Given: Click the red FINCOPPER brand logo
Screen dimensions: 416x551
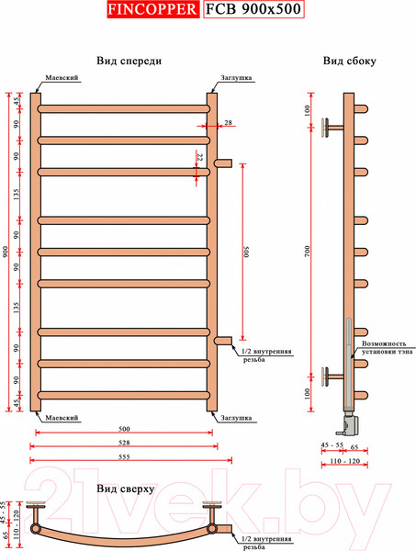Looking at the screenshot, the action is pos(152,9).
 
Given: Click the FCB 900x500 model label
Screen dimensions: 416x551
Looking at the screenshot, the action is pos(253,9).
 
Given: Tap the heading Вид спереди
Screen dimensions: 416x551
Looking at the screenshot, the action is pos(129,61).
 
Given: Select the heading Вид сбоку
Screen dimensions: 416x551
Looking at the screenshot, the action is pos(350,61).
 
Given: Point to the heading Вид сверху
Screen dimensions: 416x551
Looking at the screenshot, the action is pos(126,489).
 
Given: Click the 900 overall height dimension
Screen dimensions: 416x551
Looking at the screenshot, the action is pos(6,252).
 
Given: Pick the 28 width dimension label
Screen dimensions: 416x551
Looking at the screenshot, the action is pos(228,123).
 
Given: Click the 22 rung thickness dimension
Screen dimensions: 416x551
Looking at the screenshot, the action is pos(200,157).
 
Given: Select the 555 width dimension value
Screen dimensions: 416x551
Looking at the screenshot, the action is pos(124,456).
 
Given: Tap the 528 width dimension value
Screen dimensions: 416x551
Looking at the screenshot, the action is pos(124,443).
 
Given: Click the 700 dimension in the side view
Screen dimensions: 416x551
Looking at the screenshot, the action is pos(308,252).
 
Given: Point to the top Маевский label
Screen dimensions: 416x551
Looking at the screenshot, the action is pos(62,78).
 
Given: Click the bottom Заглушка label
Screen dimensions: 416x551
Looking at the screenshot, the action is pos(236,418).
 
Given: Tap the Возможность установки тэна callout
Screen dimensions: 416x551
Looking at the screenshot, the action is pos(388,347).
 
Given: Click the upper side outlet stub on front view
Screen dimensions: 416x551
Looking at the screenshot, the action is pos(223,163).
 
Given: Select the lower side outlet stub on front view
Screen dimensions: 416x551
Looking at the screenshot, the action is pos(223,341).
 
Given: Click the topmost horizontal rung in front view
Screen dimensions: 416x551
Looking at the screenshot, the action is pos(124,108).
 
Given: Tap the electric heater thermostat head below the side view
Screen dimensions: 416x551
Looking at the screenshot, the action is pos(349,422).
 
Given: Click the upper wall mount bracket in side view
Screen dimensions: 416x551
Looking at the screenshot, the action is pos(332,128).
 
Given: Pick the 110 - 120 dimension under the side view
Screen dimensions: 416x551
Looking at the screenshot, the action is pos(345,461).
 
